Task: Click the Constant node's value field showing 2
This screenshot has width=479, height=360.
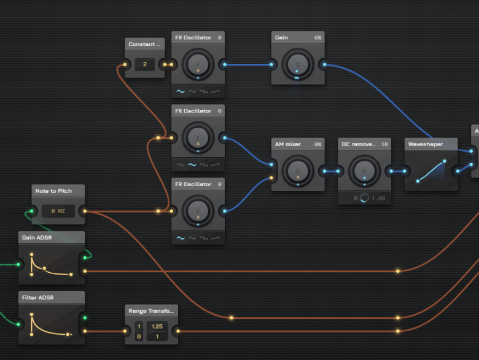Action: tap(145, 65)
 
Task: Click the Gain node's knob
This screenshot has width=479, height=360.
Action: tap(297, 64)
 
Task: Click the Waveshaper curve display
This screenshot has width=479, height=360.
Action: tap(431, 170)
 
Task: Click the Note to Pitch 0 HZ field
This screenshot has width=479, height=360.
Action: tap(58, 211)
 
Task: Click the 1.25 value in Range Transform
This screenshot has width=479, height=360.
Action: tap(157, 326)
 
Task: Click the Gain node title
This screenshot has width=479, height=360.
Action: tap(282, 37)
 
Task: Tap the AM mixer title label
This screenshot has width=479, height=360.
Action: tap(287, 144)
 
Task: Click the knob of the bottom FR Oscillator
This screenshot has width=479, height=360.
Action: tap(198, 211)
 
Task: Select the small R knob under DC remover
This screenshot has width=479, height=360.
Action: tap(365, 198)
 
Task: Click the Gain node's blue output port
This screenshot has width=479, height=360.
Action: tap(324, 64)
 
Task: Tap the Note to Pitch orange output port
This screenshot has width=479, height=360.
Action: tap(85, 211)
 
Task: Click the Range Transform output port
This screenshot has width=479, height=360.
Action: tap(178, 331)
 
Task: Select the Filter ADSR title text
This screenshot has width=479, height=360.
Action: tap(38, 297)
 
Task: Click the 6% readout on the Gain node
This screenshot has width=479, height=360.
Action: tap(317, 37)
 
